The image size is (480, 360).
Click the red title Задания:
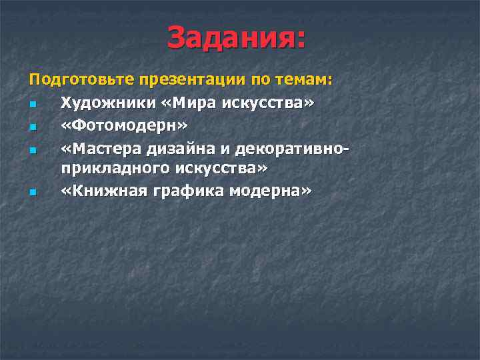pyautogui.click(x=237, y=38)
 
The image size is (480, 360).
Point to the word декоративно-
pyautogui.click(x=296, y=147)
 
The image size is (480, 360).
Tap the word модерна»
pyautogui.click(x=271, y=191)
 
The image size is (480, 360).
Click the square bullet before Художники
pyautogui.click(x=32, y=105)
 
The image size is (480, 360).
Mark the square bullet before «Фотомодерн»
pyautogui.click(x=32, y=127)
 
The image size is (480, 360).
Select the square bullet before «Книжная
pyautogui.click(x=32, y=193)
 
